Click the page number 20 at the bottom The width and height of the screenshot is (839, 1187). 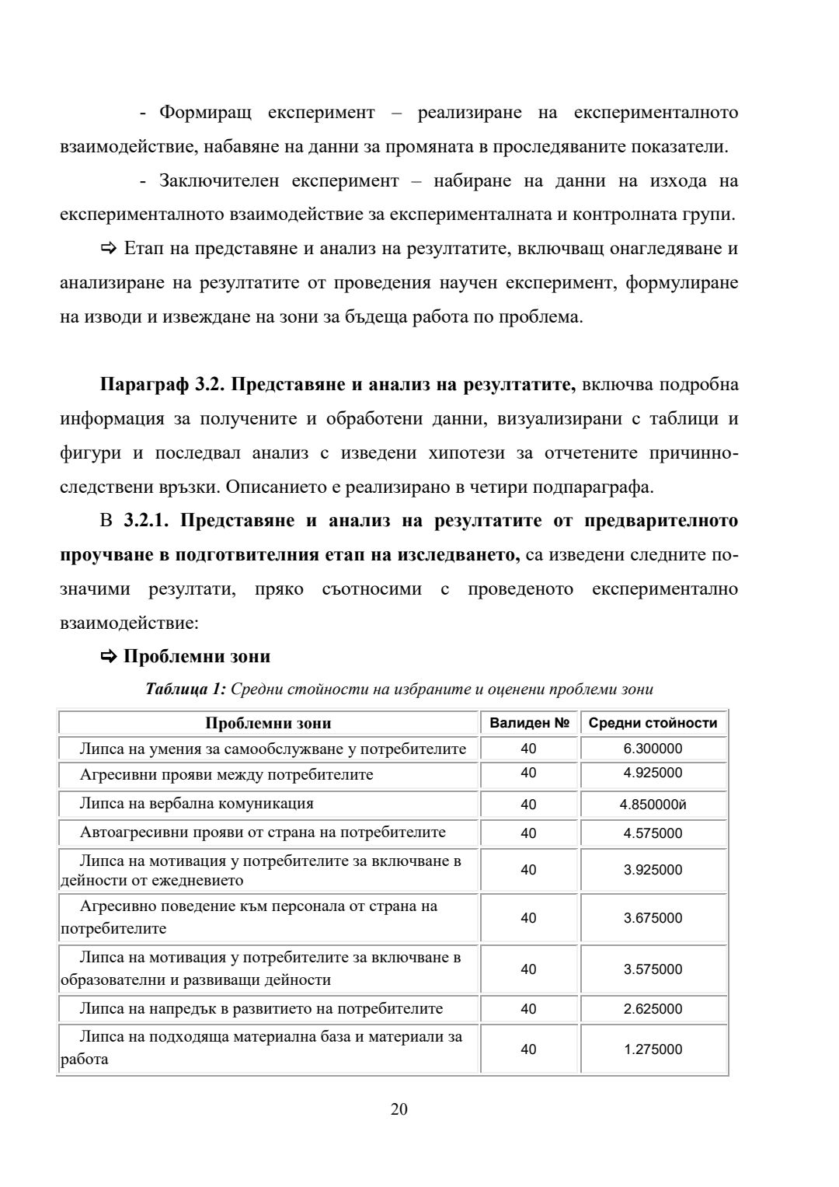(x=399, y=1109)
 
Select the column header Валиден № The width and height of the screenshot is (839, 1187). (x=529, y=723)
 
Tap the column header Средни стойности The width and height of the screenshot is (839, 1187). (x=653, y=723)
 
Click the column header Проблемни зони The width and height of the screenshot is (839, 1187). (x=268, y=723)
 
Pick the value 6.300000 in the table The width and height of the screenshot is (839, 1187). (x=653, y=749)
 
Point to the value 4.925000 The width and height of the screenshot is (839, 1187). (x=653, y=773)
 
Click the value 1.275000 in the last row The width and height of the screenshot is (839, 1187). (x=653, y=1049)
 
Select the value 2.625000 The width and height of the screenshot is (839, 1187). (x=653, y=1009)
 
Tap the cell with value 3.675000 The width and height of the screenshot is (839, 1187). (x=653, y=918)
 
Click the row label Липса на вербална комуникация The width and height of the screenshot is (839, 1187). (x=197, y=804)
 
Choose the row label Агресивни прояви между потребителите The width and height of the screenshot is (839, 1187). (x=226, y=775)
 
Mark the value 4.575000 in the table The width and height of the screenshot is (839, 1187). (x=653, y=833)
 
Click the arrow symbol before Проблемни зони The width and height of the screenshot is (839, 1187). (x=108, y=657)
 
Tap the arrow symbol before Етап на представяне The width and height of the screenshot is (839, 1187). (x=108, y=249)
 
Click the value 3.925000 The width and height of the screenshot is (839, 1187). (x=653, y=870)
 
